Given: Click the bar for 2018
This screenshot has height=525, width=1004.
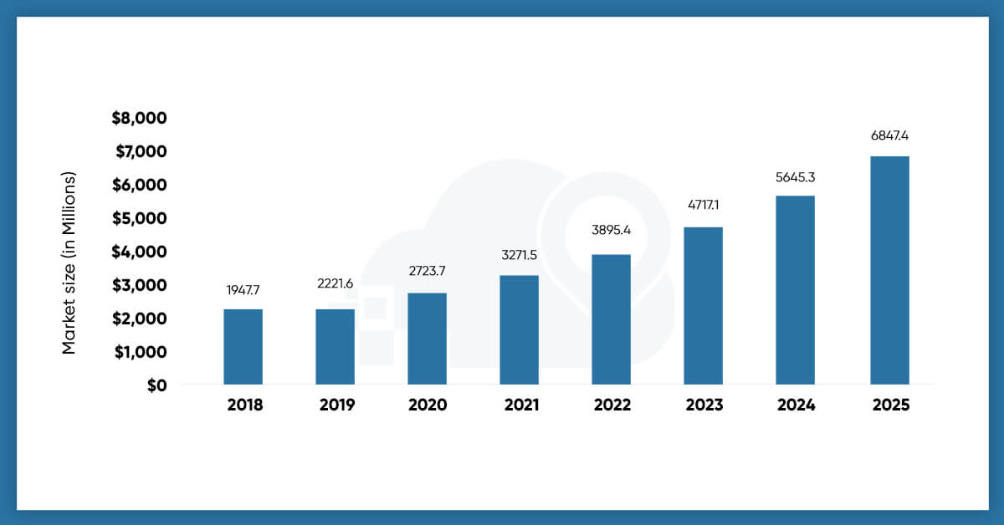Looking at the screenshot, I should [243, 347].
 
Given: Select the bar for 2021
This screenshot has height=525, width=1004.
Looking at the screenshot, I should [519, 329].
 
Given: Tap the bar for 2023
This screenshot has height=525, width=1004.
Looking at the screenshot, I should [703, 305].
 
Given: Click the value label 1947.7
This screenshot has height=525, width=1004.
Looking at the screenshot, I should [243, 290].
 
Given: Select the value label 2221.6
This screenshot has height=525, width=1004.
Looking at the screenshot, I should [335, 283].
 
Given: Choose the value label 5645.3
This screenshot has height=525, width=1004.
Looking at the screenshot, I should [795, 177].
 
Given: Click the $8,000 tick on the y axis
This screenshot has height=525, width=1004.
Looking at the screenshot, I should [140, 118].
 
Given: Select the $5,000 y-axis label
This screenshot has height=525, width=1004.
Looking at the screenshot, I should [140, 218].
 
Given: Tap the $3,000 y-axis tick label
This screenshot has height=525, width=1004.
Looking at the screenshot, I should [140, 285].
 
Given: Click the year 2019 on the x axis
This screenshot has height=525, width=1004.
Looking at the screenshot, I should [337, 405].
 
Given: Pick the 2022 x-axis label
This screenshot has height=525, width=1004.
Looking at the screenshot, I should [612, 405].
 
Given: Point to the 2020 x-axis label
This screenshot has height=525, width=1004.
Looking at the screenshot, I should [428, 405].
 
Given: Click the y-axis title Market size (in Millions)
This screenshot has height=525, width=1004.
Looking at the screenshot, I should [69, 262].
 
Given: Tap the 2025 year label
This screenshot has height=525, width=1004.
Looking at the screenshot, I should [889, 405].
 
